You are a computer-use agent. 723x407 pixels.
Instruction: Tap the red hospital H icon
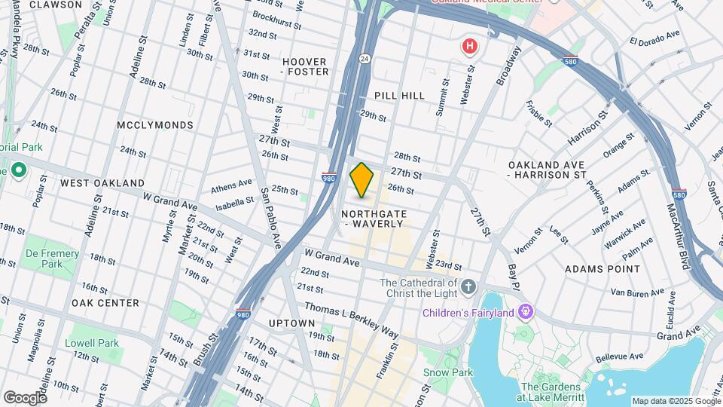point(470,47)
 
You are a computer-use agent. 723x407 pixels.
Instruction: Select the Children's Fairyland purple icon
point(526,312)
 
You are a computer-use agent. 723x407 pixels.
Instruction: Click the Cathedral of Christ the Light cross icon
point(468,286)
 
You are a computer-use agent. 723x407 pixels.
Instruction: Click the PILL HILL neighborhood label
point(399,96)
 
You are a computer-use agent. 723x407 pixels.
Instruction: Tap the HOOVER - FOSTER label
point(305,66)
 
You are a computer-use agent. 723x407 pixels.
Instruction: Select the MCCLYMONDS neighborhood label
point(155,125)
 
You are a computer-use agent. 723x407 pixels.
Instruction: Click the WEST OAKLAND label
point(102,183)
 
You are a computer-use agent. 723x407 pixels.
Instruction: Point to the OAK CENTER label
point(105,303)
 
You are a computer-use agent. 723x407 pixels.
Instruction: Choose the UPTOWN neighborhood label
point(291,323)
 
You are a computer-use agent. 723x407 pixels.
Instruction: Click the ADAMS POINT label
point(602,269)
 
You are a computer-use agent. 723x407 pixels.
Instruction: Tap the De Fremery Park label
point(52,259)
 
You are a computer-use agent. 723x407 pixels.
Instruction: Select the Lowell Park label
point(91,343)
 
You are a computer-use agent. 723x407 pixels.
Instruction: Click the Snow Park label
point(447,372)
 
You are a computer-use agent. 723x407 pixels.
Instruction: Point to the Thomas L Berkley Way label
point(352,320)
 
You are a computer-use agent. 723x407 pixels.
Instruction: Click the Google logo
point(24,397)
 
